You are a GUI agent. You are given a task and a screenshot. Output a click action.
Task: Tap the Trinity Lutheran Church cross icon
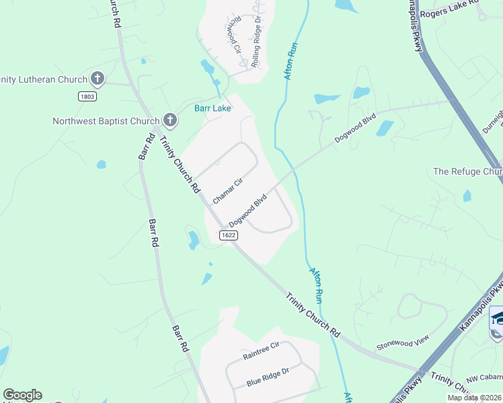tap(98, 79)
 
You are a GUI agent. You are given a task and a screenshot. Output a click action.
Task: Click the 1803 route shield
tap(87, 96)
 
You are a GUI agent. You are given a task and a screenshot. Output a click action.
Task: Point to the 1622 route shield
tap(228, 234)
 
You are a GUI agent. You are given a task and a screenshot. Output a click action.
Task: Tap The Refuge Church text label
tap(467, 171)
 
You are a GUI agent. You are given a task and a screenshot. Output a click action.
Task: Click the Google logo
tap(22, 395)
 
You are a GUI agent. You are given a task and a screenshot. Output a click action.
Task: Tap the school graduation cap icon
tap(497, 317)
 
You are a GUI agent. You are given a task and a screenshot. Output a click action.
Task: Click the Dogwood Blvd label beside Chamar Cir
tap(248, 210)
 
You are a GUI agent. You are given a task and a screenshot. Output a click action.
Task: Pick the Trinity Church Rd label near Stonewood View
tap(312, 314)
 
